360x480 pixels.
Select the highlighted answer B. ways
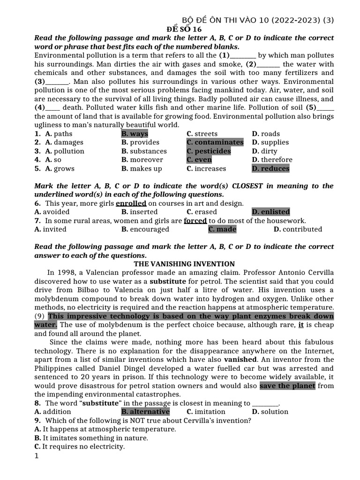tap(135, 134)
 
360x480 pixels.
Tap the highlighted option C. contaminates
tap(215, 142)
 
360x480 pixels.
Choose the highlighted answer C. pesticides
tap(209, 151)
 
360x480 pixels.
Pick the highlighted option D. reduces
tap(270, 169)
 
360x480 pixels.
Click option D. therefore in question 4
tap(272, 160)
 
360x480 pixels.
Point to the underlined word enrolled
tap(131, 203)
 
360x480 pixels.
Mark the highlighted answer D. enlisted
tap(270, 212)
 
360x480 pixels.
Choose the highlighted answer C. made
tap(222, 229)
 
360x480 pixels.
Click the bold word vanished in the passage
tap(240, 360)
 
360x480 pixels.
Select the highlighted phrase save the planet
tap(287, 386)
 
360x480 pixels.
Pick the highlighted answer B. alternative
tap(145, 412)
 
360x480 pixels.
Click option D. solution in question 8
tap(270, 412)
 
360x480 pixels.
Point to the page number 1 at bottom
tap(37, 456)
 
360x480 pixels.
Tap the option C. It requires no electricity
tap(80, 447)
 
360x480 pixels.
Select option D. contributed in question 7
tap(298, 229)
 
